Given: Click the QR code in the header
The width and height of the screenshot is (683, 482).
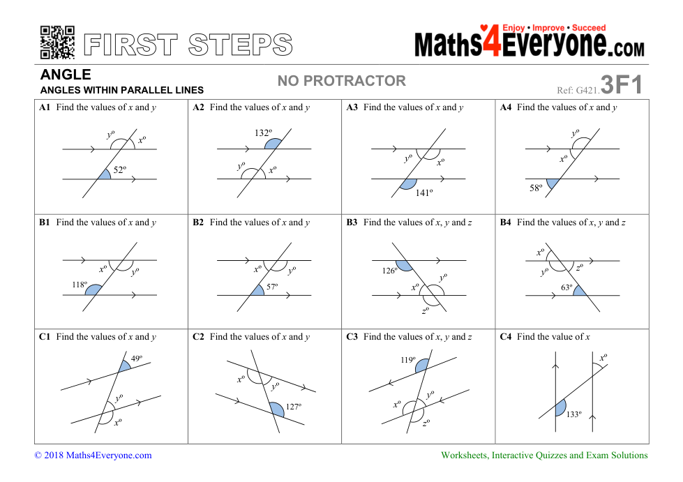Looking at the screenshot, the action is coord(57,43).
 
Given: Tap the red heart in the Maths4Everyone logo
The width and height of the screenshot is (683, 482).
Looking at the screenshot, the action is coord(483,28).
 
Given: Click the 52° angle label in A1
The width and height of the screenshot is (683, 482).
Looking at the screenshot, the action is coord(120,170).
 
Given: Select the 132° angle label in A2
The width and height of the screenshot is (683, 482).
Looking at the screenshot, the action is coord(263,133).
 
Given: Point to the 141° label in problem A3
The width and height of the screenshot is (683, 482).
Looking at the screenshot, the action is coord(424,193).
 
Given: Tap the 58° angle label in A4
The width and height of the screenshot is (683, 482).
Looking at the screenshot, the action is coord(536,188).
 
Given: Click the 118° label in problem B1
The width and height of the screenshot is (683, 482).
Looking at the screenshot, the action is coord(80,285).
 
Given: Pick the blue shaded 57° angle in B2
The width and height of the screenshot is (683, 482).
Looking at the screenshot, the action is coord(258,290).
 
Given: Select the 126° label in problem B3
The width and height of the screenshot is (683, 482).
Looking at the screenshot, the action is coord(390,271).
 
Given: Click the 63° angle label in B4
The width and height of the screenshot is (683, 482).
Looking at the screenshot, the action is coord(566,287).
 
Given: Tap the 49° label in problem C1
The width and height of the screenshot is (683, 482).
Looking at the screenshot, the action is coord(136,359).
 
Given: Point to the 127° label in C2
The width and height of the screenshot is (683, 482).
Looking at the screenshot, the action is coord(294,406).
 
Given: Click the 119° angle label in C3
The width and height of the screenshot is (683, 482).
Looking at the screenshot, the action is coord(408,360).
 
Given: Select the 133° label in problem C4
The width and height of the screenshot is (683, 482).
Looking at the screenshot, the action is coord(573,414).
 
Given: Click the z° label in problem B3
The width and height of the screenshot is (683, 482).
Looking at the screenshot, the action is coord(426,310).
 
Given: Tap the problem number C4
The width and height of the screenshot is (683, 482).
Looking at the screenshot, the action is coord(506,337).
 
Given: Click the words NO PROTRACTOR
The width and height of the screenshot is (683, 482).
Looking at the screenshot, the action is coord(342,80).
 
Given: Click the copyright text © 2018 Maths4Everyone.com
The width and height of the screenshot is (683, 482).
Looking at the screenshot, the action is coord(93,455).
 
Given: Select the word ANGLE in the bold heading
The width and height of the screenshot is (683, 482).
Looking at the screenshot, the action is coord(66,75).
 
